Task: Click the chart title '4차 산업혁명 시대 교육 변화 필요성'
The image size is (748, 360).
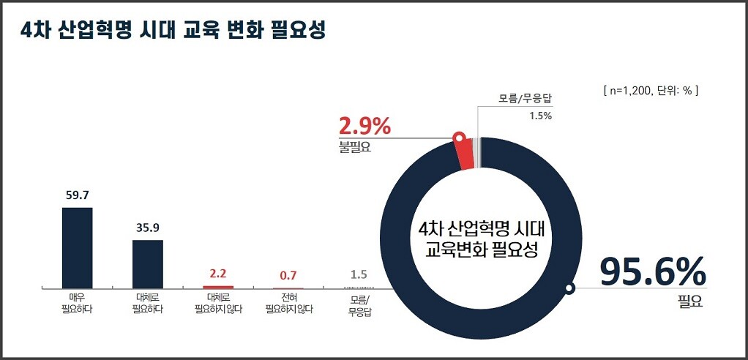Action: (173, 31)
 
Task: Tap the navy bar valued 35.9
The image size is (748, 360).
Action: (147, 263)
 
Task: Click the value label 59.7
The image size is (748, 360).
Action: (77, 195)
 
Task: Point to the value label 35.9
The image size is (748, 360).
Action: (147, 228)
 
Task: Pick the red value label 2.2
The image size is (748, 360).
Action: (217, 274)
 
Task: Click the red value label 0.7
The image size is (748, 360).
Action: (288, 276)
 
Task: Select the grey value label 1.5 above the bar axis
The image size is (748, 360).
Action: (359, 275)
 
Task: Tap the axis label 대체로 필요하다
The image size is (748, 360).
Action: (147, 304)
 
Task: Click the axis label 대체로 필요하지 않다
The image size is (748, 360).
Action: (217, 304)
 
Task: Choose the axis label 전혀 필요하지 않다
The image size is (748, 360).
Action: (288, 304)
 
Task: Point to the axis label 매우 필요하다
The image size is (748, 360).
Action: (77, 304)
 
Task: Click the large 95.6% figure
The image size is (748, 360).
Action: (653, 272)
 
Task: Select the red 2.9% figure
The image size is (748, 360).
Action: (364, 126)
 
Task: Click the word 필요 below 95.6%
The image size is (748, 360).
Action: (690, 301)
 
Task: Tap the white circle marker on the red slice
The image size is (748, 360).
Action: (459, 137)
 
